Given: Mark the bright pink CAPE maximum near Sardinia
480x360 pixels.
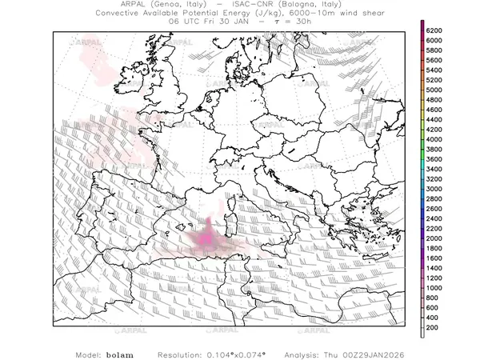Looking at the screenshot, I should [x=206, y=238].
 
